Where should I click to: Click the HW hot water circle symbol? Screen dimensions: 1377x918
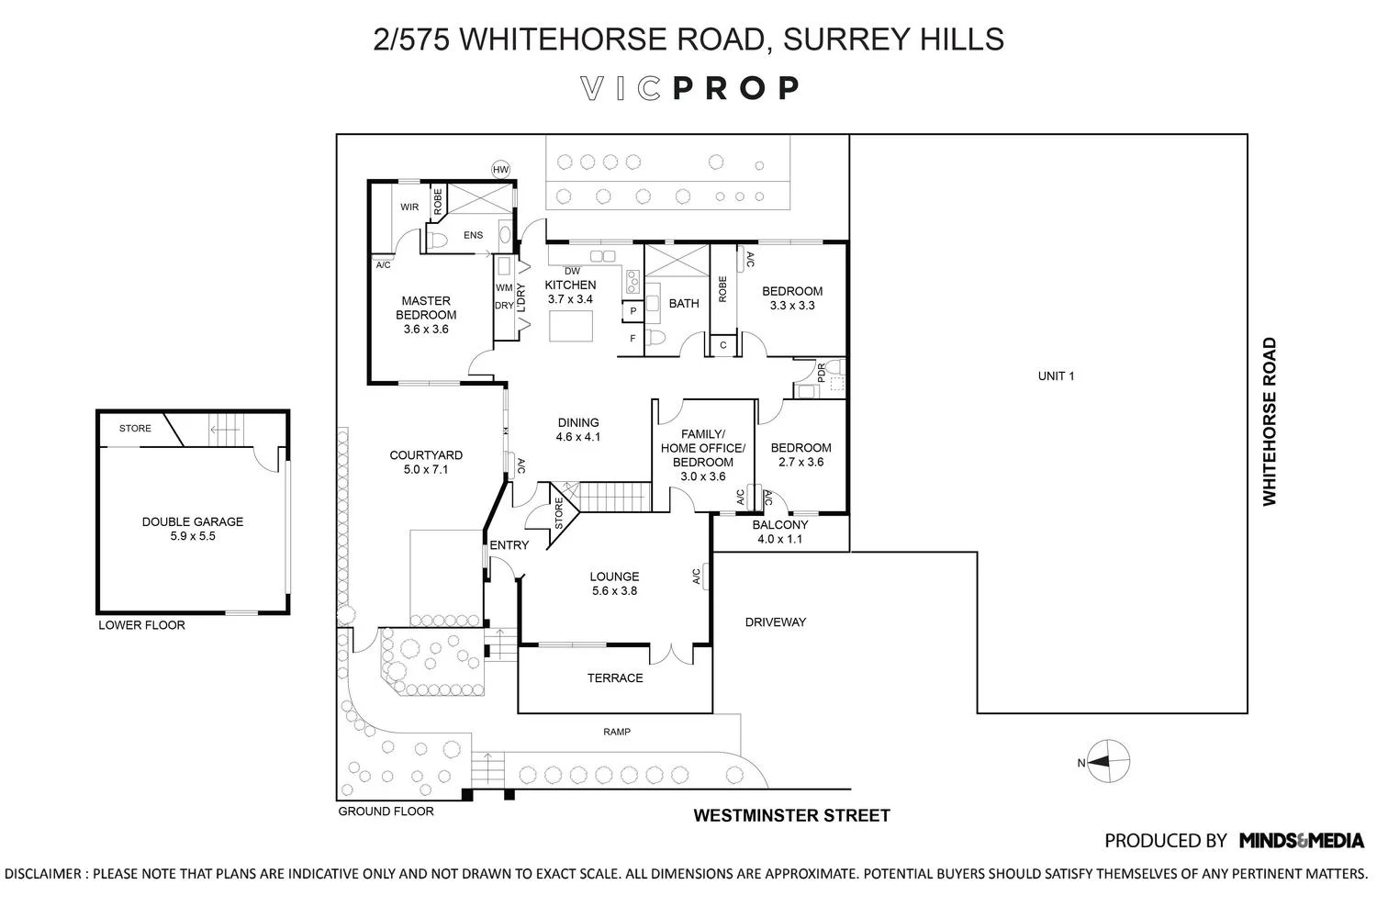[x=501, y=170]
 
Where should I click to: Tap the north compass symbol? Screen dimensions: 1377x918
[x=1108, y=761]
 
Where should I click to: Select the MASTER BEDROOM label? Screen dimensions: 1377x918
[x=426, y=308]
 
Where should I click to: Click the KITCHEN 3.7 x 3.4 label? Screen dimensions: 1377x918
[x=570, y=292]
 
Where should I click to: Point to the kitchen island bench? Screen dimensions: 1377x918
[x=571, y=326]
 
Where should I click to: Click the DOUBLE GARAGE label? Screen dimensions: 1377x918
[x=193, y=522]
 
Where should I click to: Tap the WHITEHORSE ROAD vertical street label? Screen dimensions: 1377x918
[x=1270, y=421]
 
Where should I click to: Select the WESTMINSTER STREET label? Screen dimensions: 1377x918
[x=791, y=815]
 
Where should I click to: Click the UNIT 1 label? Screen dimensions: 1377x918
[x=1056, y=376]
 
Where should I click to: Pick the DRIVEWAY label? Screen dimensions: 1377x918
[x=775, y=622]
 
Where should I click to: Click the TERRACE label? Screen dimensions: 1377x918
[x=615, y=678]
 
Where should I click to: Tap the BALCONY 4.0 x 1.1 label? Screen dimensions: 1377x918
[x=780, y=532]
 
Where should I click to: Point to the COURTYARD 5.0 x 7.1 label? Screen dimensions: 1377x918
[x=426, y=463]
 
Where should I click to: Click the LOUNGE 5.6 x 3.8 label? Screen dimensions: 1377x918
[x=615, y=584]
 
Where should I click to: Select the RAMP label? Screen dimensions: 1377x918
[x=617, y=732]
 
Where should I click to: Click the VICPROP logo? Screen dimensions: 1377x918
[x=689, y=88]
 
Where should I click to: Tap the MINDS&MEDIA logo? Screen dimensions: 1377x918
[x=1302, y=841]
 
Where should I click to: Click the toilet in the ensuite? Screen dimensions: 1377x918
[x=437, y=241]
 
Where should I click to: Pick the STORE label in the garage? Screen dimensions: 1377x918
[x=135, y=429]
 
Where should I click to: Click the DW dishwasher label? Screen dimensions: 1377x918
[x=572, y=271]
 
